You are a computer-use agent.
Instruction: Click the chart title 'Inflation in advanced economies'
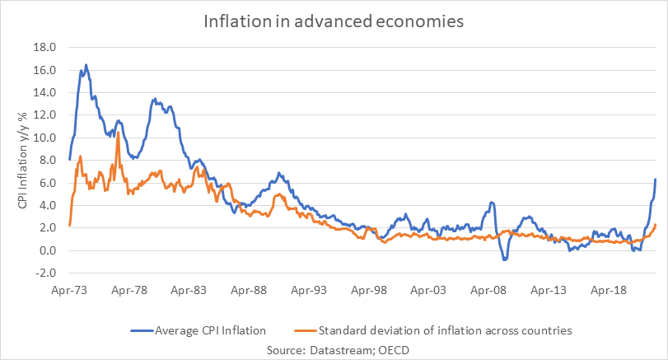tap(334, 21)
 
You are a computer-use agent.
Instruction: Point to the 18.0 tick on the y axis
tap(44, 48)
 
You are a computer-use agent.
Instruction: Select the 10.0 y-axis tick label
tap(44, 138)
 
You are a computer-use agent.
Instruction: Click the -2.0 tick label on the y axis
tap(44, 273)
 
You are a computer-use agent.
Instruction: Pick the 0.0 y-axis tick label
tap(46, 250)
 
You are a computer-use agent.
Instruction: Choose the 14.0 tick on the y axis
tap(44, 93)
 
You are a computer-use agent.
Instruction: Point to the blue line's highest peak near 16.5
tap(86, 64)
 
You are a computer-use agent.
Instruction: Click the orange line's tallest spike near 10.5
tap(119, 133)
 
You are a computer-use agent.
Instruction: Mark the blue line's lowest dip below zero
tap(505, 259)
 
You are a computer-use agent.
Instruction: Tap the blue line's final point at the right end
tap(655, 180)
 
